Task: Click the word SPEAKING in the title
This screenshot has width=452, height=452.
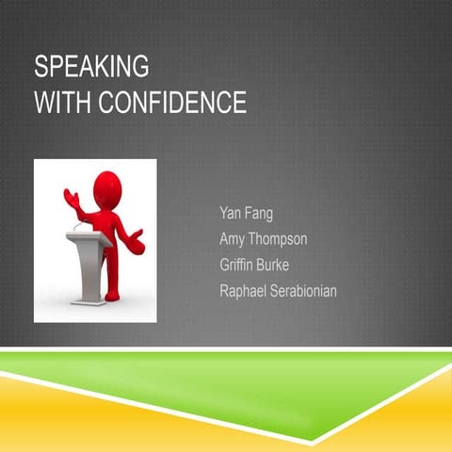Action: coord(91,68)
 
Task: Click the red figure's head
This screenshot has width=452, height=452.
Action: coord(107,186)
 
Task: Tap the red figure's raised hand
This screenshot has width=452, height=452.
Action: coord(70,197)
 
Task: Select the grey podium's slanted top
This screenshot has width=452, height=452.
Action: coord(89,238)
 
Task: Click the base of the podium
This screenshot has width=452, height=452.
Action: coord(89,299)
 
